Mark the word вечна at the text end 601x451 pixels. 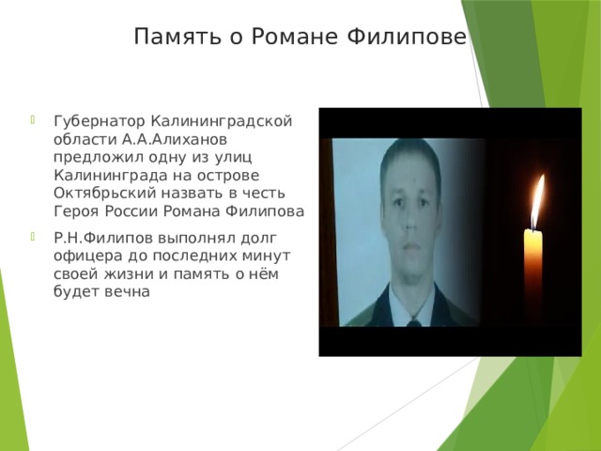127,291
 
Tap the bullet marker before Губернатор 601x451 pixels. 34,120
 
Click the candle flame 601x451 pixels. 538,198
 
